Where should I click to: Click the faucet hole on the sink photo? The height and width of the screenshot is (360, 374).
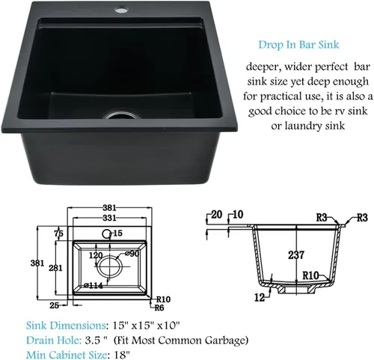click(x=120, y=10)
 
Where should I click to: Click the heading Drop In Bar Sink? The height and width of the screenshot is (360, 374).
click(x=298, y=45)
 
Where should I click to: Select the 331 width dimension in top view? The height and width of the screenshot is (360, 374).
click(x=109, y=218)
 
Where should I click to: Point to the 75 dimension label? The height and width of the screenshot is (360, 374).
click(x=59, y=234)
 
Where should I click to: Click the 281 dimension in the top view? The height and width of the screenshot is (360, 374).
click(x=55, y=268)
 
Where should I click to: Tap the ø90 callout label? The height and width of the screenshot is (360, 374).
click(x=132, y=254)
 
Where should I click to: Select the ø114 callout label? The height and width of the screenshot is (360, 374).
click(x=93, y=285)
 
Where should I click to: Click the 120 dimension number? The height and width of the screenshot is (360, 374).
click(x=96, y=255)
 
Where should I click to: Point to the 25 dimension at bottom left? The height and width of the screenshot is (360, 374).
click(x=54, y=305)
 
